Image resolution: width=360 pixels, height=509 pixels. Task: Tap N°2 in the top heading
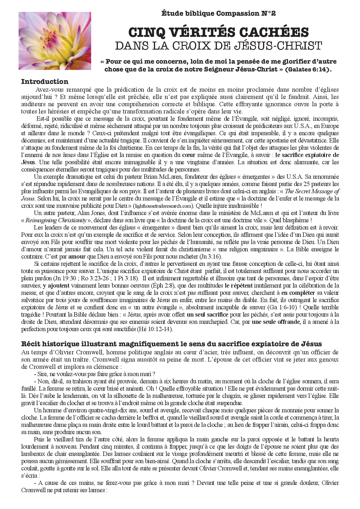[x=268, y=13]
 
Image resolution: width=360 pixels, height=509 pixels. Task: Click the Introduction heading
[x=45, y=82]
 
